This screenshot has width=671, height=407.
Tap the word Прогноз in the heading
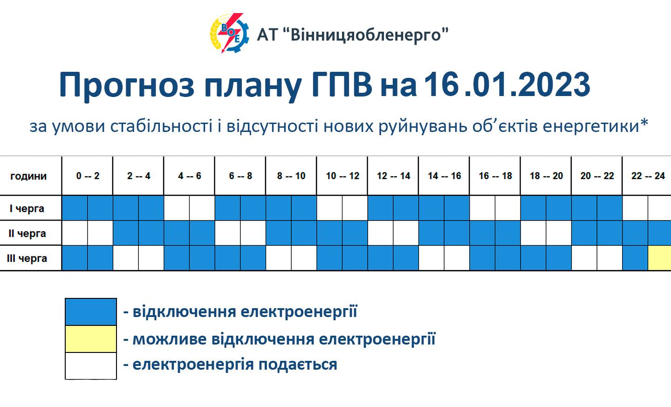[x=126, y=86]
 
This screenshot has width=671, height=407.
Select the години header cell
[x=28, y=176]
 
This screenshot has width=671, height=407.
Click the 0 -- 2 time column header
[x=88, y=176]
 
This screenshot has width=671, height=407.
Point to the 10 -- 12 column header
[x=342, y=176]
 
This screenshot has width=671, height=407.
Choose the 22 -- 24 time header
[x=648, y=176]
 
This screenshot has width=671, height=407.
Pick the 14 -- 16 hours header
[x=444, y=176]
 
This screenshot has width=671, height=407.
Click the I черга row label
[x=27, y=208]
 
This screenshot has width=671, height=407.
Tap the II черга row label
[x=27, y=233]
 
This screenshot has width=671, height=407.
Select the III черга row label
[x=27, y=258]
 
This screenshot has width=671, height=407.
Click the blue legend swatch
[x=90, y=312]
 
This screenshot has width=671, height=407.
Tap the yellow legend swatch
[x=90, y=339]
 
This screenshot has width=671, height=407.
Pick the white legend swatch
[x=90, y=366]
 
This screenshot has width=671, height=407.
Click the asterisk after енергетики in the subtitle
[x=644, y=124]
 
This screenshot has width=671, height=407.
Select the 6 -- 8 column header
[x=240, y=176]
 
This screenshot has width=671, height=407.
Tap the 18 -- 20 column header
[x=546, y=176]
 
